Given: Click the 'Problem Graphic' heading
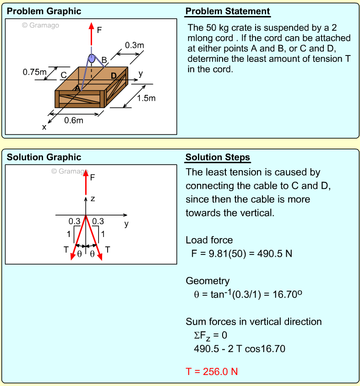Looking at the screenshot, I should tap(44, 11).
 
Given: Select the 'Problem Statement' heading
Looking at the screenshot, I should tap(228, 11).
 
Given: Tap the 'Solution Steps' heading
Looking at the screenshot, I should tap(218, 158).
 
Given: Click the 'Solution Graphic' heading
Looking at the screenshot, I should tap(44, 158).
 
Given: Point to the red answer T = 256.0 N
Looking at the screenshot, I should tap(212, 371).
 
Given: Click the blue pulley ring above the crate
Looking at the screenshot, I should tap(92, 58).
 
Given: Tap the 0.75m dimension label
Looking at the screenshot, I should tap(35, 72).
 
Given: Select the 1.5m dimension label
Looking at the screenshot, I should tap(147, 98).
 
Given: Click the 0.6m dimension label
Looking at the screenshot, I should tap(74, 121).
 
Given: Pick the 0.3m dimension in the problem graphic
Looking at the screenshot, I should tap(134, 45).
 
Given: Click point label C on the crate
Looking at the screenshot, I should tap(64, 75).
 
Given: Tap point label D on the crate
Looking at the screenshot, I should tap(114, 76).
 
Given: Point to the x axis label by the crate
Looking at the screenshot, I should tap(44, 127).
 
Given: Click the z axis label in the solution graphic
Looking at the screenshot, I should tap(93, 199).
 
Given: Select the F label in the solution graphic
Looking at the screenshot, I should tap(93, 176).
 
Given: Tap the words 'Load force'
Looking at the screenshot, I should tap(209, 240).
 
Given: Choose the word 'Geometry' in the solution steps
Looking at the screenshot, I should tap(207, 281).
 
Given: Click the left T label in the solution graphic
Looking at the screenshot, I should tap(66, 249).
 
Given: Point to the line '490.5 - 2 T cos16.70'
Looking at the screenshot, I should tap(239, 349).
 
